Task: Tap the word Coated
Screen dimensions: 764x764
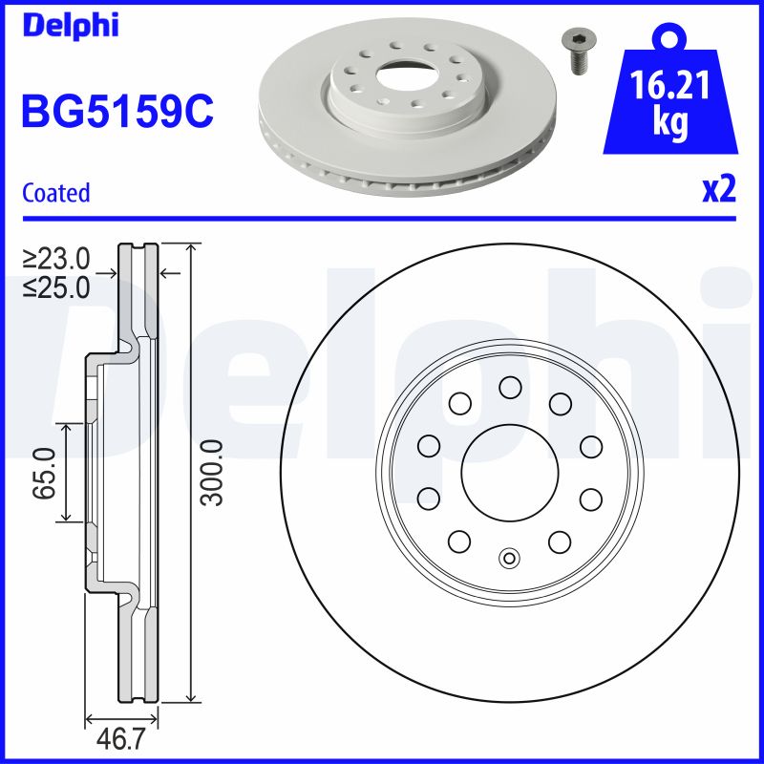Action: [55, 193]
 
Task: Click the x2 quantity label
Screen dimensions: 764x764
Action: [719, 191]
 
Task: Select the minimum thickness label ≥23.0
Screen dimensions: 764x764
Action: [57, 258]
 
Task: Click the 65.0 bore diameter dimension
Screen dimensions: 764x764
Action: [43, 473]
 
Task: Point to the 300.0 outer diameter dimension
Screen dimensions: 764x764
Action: [211, 473]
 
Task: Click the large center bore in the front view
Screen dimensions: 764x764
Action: [509, 472]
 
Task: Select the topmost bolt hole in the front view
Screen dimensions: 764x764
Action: [509, 387]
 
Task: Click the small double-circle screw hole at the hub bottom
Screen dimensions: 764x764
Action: [509, 558]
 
